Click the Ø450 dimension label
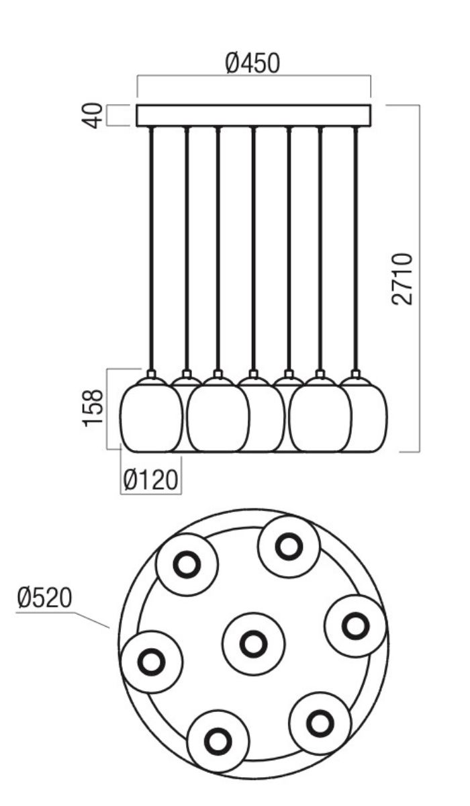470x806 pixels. pyautogui.click(x=252, y=63)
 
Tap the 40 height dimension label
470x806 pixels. pyautogui.click(x=93, y=116)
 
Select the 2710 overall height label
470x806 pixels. pyautogui.click(x=402, y=279)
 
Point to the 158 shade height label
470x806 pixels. pyautogui.click(x=93, y=408)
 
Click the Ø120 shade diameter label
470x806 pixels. pyautogui.click(x=150, y=480)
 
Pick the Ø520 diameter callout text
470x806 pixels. pyautogui.click(x=44, y=598)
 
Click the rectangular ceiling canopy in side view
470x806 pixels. pyautogui.click(x=254, y=116)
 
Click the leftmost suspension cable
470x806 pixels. pyautogui.click(x=151, y=249)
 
